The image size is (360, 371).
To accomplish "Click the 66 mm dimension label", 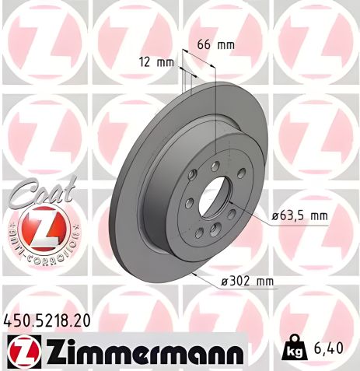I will pyautogui.click(x=215, y=44).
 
